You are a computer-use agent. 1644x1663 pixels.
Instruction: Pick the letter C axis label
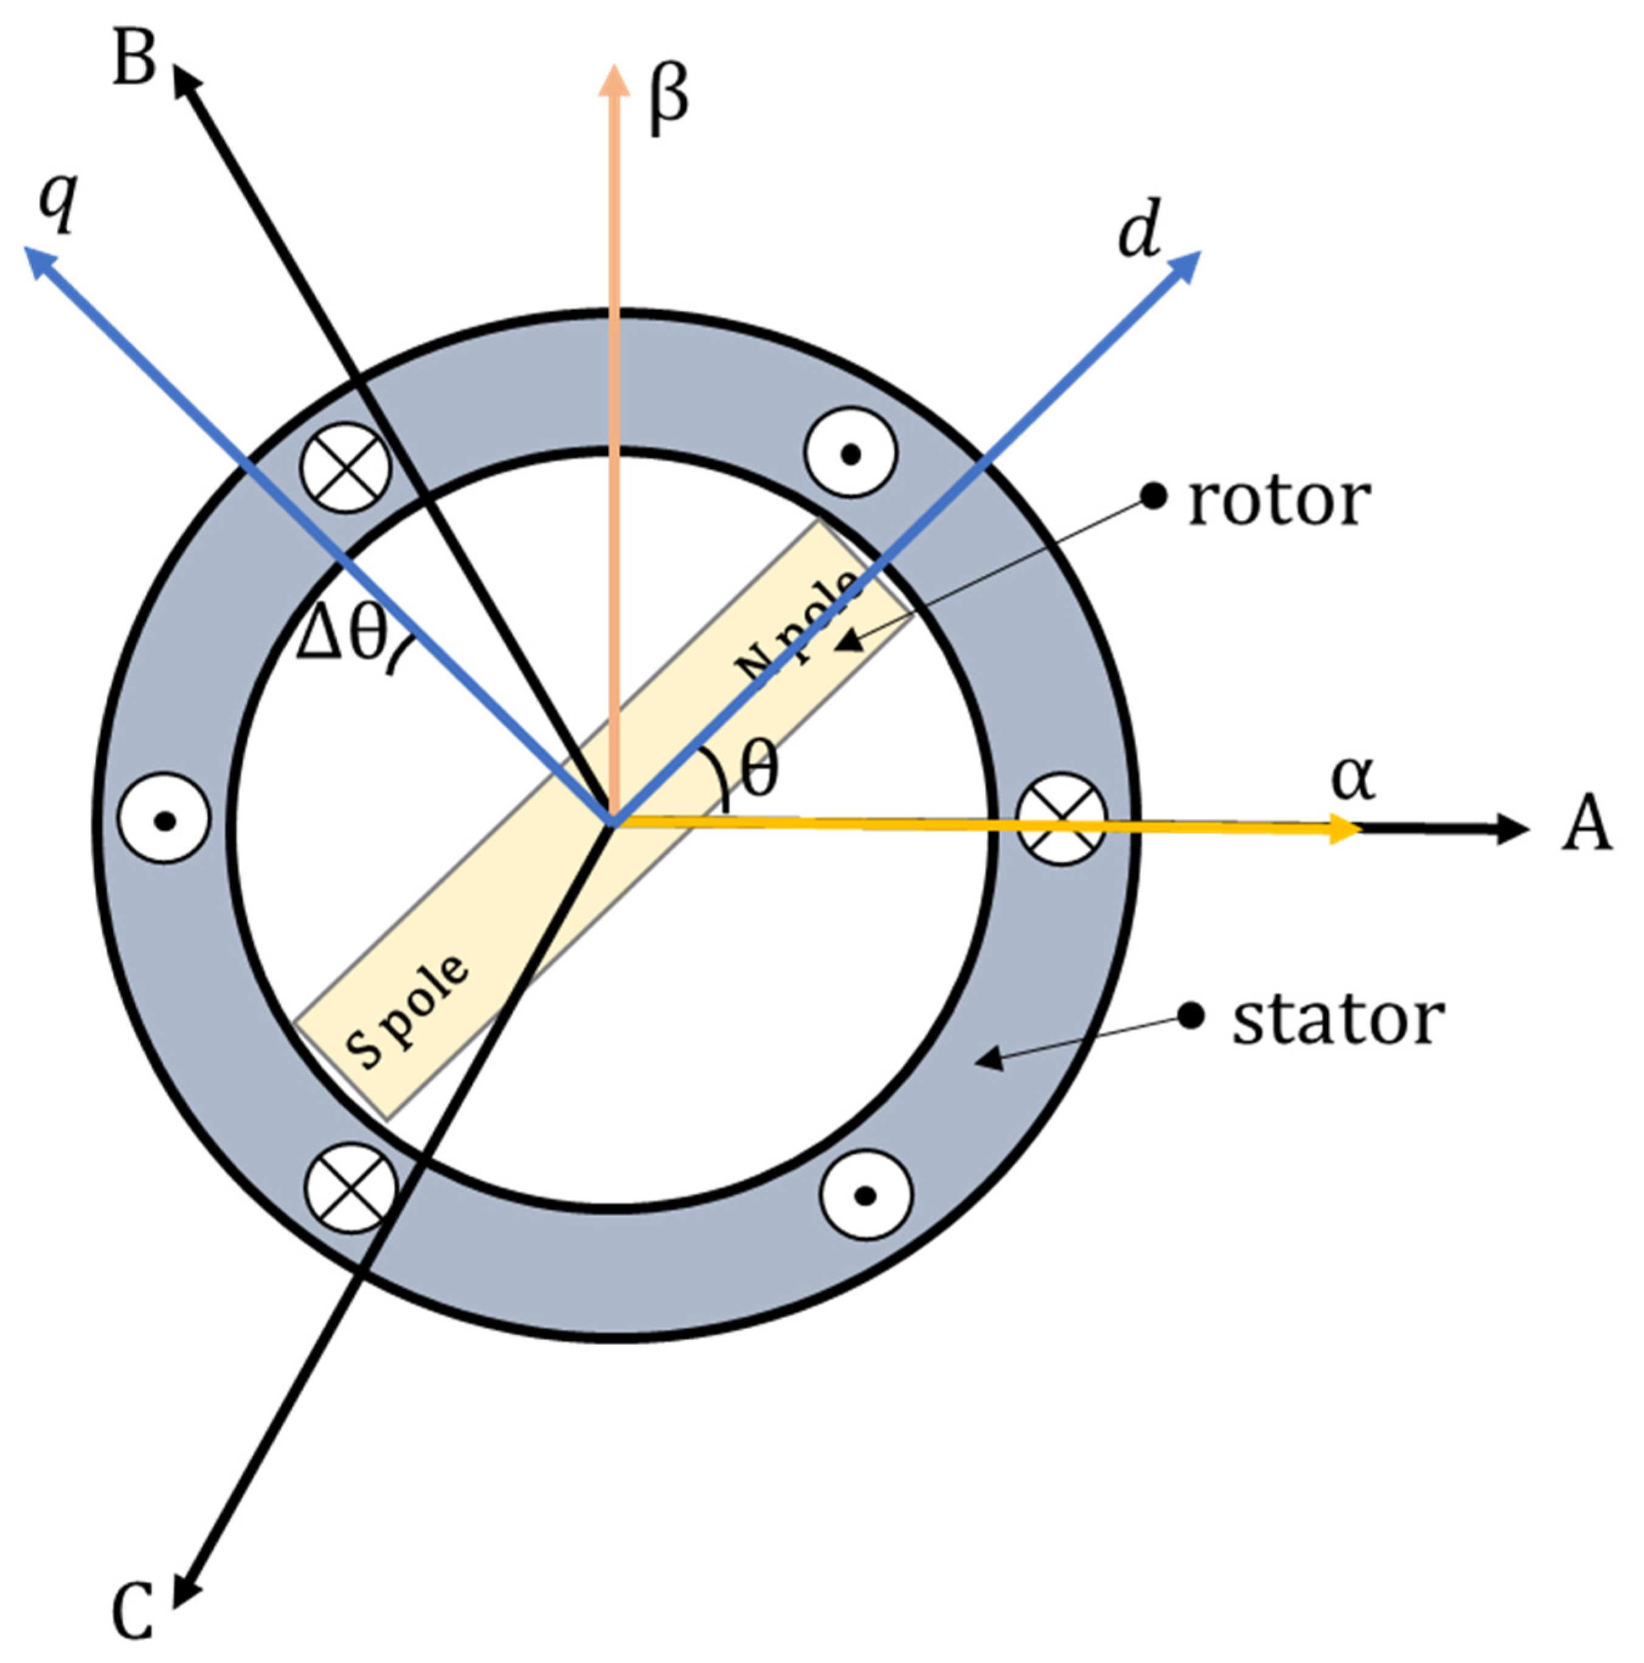click(133, 1611)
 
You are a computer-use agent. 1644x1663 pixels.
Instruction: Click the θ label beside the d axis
click(759, 770)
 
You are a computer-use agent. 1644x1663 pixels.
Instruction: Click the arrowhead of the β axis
click(613, 81)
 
